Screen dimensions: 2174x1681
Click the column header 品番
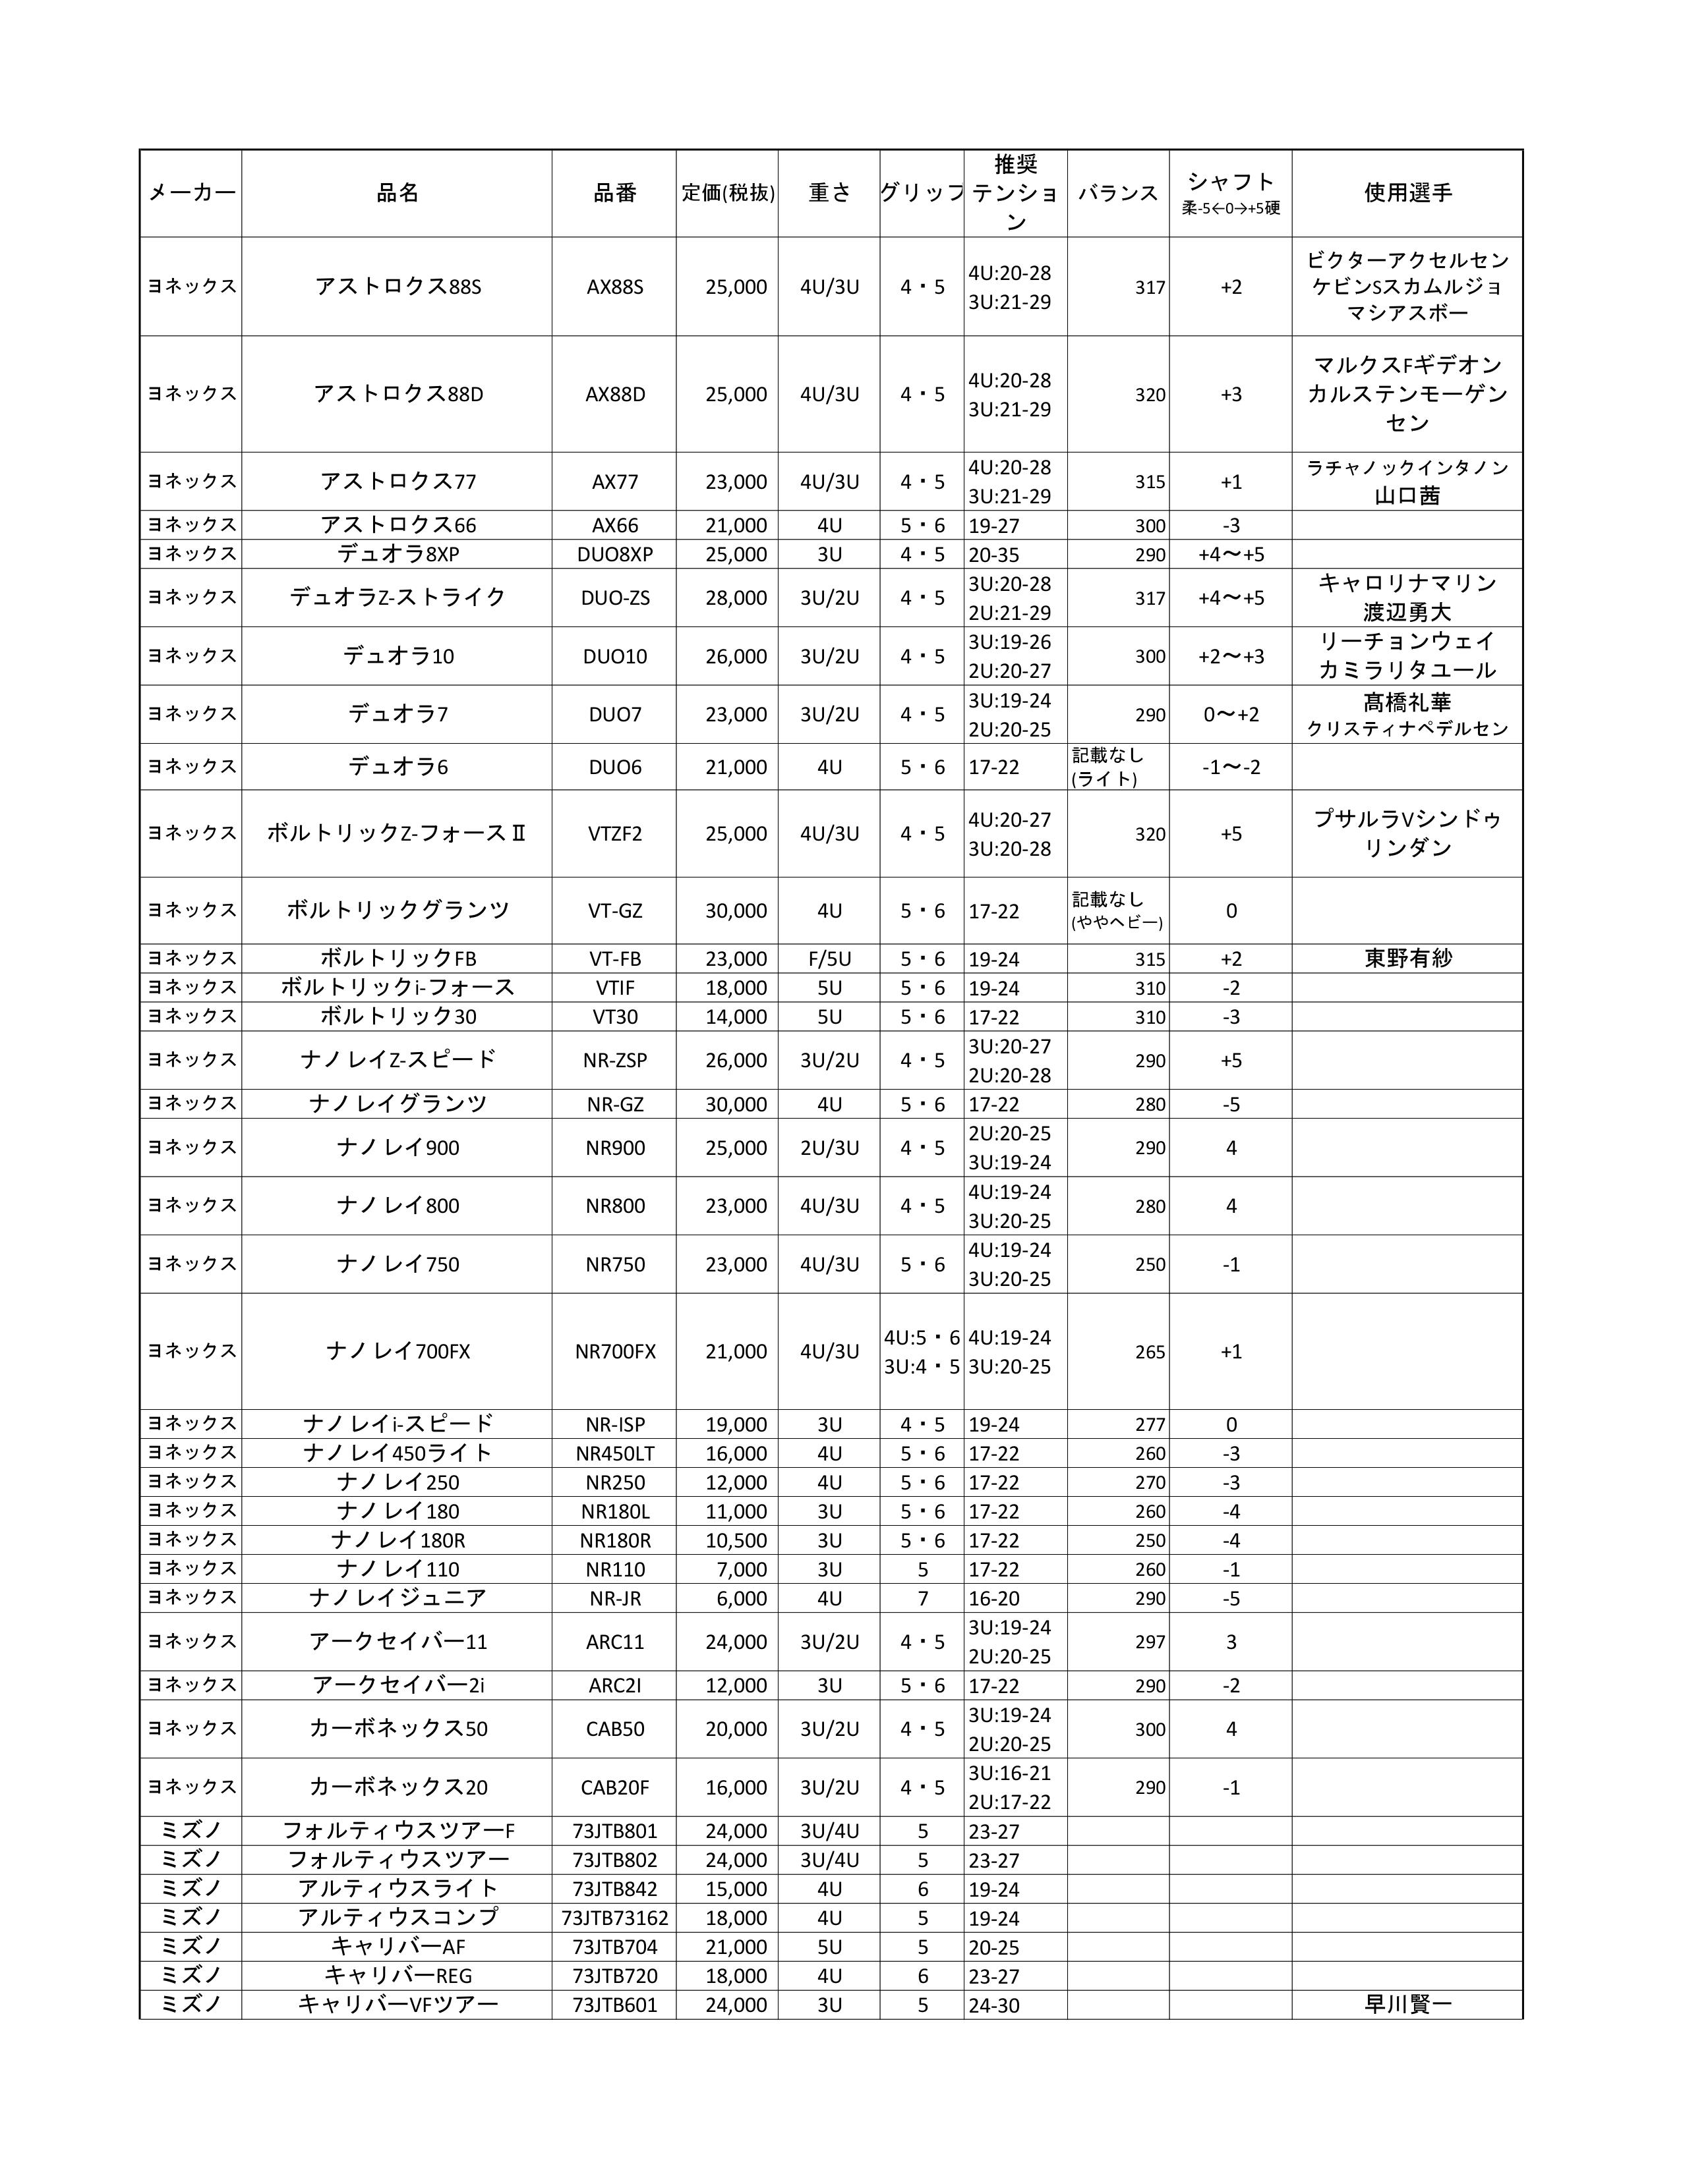click(614, 193)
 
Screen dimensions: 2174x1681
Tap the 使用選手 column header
click(1407, 193)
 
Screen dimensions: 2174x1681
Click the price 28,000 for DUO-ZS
click(736, 598)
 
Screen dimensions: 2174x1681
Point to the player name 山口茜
click(1407, 495)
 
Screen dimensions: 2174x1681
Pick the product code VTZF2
click(614, 834)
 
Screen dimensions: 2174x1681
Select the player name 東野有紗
click(1407, 959)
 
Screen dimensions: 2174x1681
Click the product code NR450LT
click(614, 1453)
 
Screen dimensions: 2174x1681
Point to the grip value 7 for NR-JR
click(922, 1599)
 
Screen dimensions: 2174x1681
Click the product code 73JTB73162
click(614, 1918)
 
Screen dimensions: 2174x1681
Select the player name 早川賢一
click(1407, 2005)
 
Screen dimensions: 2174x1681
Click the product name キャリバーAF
click(398, 1947)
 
